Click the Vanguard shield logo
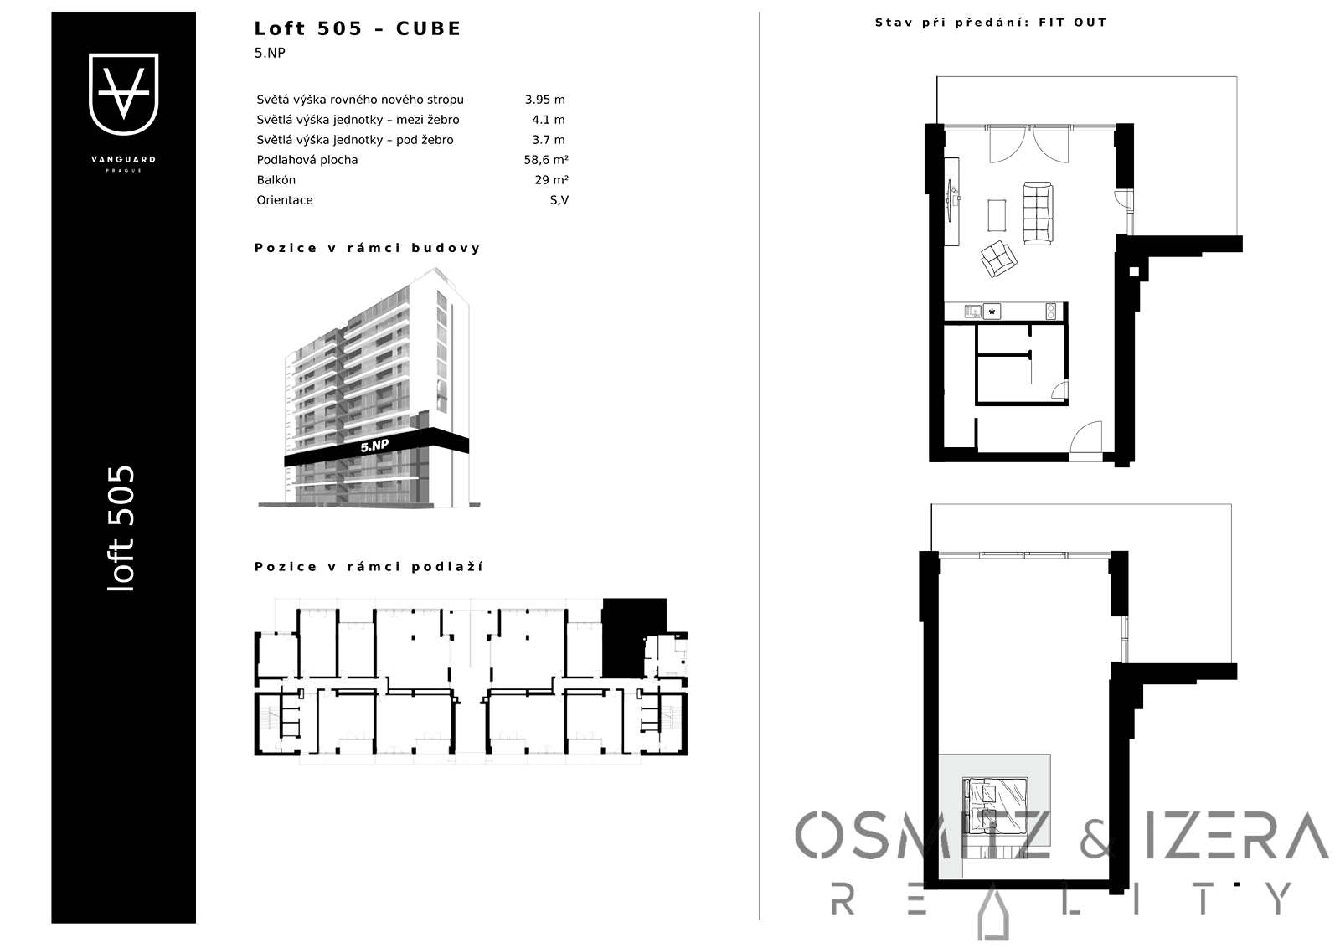(x=123, y=94)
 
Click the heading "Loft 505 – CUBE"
(x=358, y=28)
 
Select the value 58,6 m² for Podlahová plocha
(x=546, y=160)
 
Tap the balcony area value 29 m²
(x=552, y=179)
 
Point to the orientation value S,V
(x=559, y=200)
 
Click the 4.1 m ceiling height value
(x=549, y=120)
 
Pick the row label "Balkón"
(x=276, y=180)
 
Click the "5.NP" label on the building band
(x=375, y=446)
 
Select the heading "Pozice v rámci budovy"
(x=368, y=248)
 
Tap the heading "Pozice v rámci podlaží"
(x=368, y=567)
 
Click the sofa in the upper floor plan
(x=1038, y=213)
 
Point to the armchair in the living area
(x=998, y=259)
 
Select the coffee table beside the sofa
(x=997, y=214)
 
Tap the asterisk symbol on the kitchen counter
(x=992, y=312)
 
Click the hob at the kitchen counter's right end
(x=1050, y=311)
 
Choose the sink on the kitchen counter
(x=972, y=311)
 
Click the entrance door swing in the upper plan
(x=1085, y=441)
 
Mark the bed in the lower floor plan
(x=995, y=805)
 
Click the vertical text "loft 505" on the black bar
(x=121, y=528)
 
